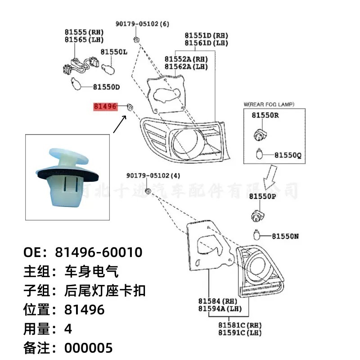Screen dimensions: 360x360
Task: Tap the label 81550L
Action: click(114, 52)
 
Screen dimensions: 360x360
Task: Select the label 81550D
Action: click(106, 86)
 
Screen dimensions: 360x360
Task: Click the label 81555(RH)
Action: click(84, 32)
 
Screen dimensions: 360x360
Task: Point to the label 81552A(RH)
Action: click(186, 59)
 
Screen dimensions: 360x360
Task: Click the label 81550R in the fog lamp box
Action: click(265, 115)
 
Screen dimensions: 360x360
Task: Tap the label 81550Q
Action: click(288, 155)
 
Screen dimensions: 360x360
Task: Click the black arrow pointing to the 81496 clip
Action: click(119, 125)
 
